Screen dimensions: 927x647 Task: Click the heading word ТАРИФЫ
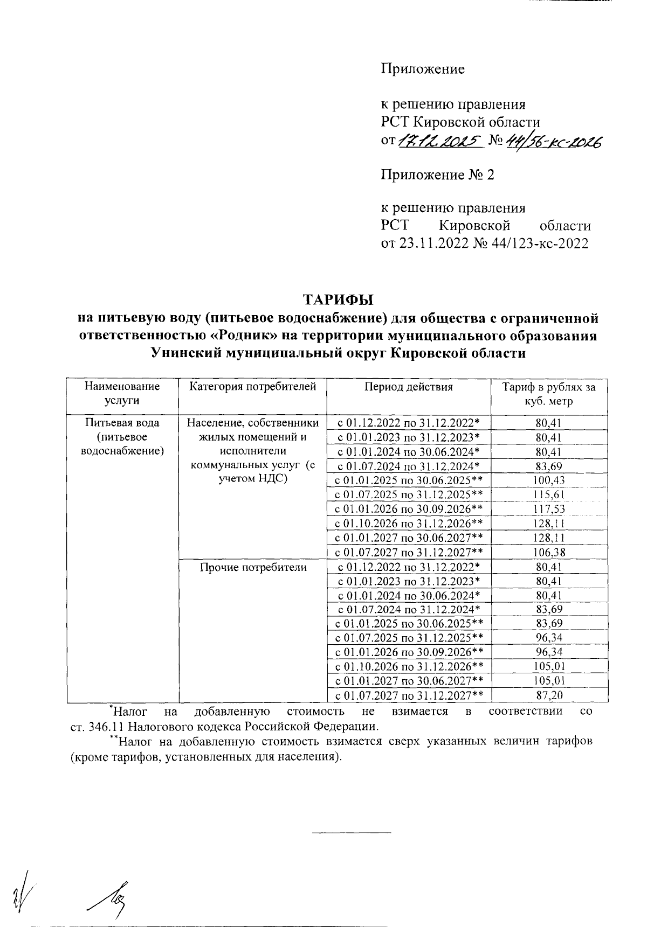[x=338, y=299]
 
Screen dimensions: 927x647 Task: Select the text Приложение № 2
[x=437, y=175]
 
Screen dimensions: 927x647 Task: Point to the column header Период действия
[x=408, y=387]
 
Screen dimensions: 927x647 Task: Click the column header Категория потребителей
[x=252, y=387]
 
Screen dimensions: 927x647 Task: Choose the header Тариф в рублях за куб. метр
[x=549, y=394]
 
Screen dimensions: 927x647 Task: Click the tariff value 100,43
[x=549, y=480]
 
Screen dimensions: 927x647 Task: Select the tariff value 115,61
[x=549, y=494]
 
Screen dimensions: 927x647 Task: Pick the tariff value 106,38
[x=549, y=552]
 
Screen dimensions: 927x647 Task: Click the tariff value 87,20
[x=549, y=695]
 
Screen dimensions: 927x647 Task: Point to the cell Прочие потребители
[x=253, y=567]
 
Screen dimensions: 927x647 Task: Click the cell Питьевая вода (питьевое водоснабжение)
[x=122, y=437]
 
